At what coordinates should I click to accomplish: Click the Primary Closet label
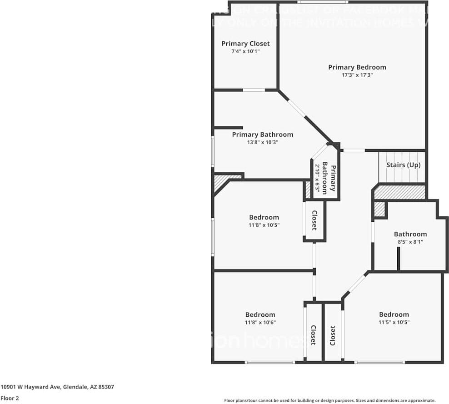[245, 44]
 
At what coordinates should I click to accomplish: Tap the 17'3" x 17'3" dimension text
[357, 75]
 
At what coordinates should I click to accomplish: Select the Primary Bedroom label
[357, 67]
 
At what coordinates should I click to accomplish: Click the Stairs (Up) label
[403, 165]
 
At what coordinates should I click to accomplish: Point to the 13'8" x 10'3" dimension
[262, 142]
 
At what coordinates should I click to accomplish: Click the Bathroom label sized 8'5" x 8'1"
[410, 234]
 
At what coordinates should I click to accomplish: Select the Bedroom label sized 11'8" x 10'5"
[264, 217]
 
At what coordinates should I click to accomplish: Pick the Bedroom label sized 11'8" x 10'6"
[260, 314]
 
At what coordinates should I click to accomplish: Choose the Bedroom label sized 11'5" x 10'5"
[394, 314]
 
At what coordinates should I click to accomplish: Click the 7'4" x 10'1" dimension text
[245, 51]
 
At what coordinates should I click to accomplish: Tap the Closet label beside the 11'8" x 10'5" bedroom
[314, 221]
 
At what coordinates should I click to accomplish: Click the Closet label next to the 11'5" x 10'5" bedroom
[333, 335]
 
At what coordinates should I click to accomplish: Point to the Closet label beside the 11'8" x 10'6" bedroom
[313, 335]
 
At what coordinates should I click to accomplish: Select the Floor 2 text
[9, 398]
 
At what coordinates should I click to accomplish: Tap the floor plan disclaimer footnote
[329, 400]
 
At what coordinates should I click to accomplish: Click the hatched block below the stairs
[400, 192]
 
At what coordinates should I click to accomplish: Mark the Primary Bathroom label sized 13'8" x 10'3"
[262, 135]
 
